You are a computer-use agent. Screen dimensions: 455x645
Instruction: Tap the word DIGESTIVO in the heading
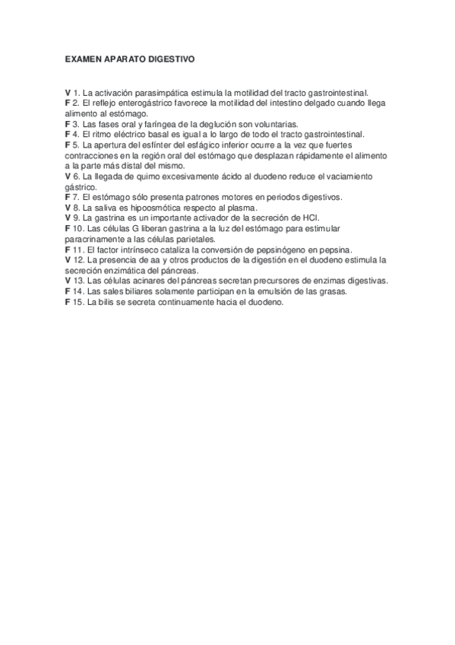172,57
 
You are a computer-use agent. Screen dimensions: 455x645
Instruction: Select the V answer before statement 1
68,92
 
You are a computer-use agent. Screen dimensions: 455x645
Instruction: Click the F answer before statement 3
68,123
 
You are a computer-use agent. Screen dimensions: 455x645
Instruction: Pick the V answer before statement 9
68,218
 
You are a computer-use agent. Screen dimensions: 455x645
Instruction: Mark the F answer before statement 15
68,302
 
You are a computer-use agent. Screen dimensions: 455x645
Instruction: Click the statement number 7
76,197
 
